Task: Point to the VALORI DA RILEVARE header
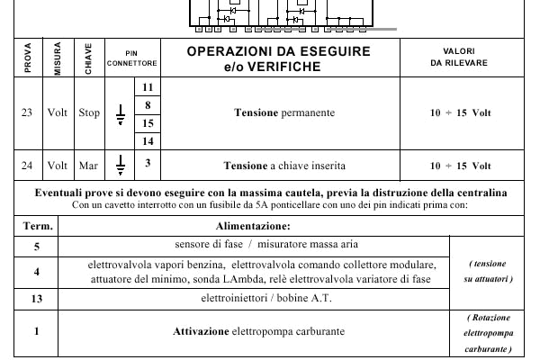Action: tap(460, 58)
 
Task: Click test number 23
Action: tap(28, 113)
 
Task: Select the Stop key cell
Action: tap(88, 113)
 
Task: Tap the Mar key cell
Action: tap(88, 166)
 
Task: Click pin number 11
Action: tap(148, 86)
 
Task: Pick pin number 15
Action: tap(148, 123)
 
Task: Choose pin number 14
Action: tap(148, 141)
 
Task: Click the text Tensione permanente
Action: tap(284, 113)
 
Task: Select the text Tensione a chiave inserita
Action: tap(284, 166)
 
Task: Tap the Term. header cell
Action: tap(37, 227)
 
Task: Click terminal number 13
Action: tap(37, 298)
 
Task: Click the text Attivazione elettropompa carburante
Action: tap(259, 331)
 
